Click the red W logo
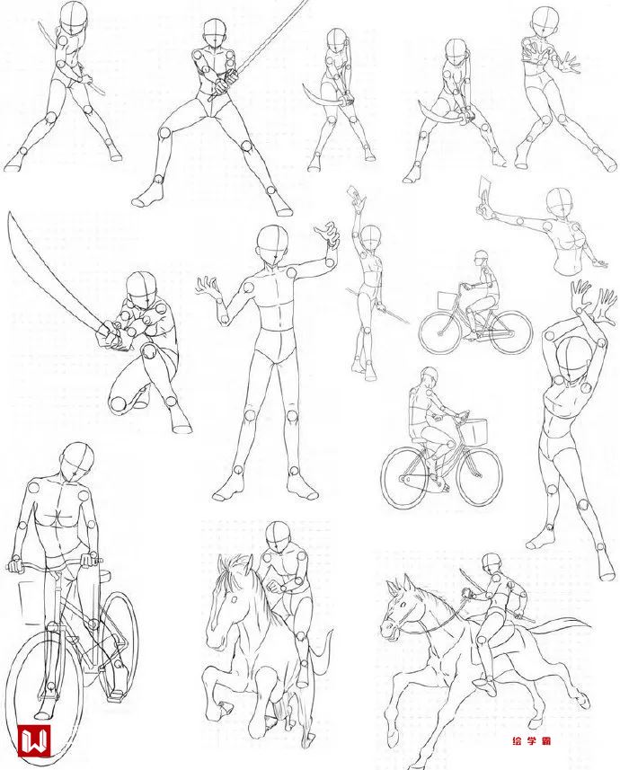(34, 740)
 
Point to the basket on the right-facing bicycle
(474, 430)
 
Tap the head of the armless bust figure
(561, 202)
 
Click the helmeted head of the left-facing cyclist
(482, 257)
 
